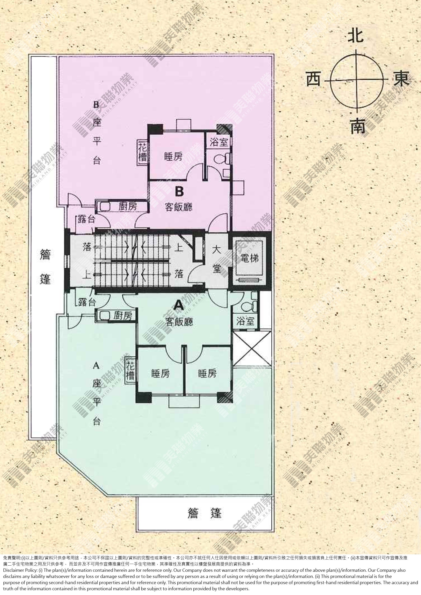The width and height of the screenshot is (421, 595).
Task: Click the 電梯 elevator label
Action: pos(250,258)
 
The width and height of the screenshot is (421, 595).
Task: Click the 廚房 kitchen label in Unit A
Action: pos(123,315)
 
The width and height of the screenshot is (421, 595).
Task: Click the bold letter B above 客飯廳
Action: pos(179,192)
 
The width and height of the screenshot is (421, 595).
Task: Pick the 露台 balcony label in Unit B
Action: pos(86,220)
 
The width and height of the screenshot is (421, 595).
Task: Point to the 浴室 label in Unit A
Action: pos(245,322)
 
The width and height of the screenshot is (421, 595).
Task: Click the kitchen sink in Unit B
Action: pos(105,207)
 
